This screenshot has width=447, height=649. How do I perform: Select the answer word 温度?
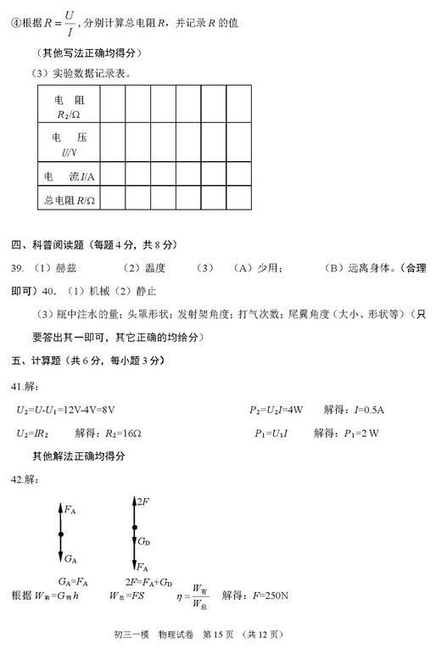point(154,268)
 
